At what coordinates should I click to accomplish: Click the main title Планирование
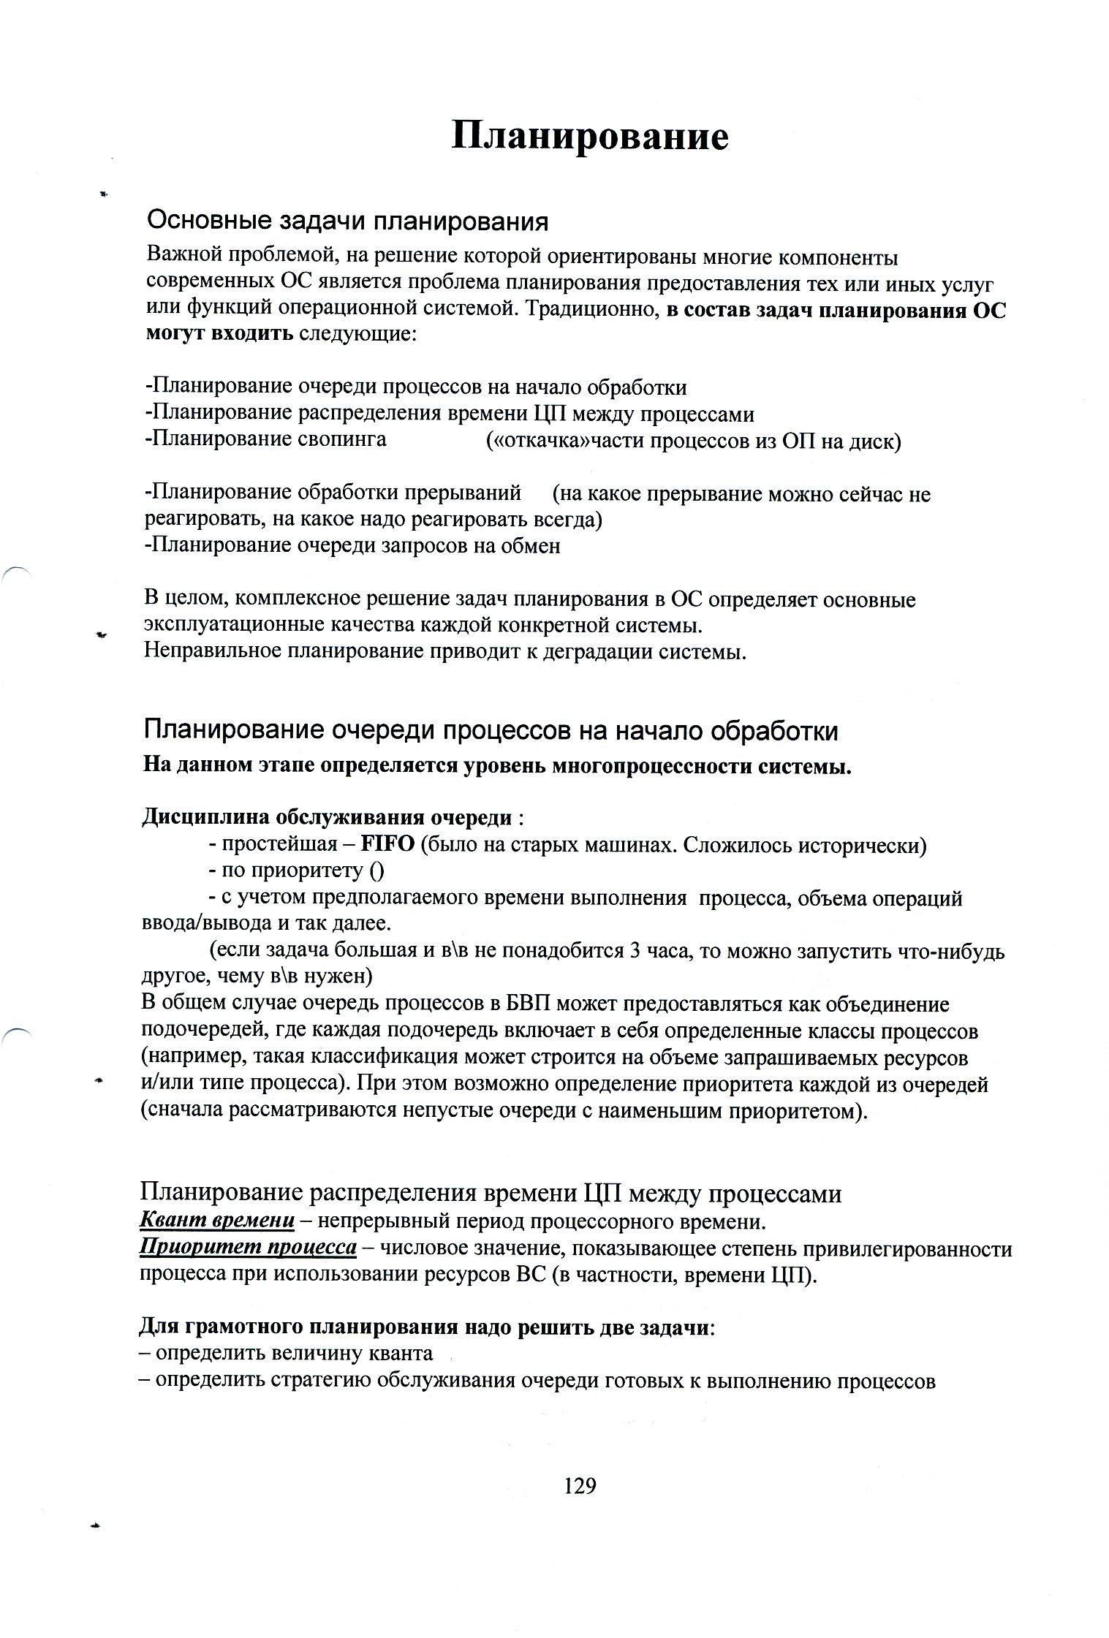589,137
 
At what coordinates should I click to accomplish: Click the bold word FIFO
388,845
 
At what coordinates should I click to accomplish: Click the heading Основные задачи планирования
347,220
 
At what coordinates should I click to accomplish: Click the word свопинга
343,439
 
